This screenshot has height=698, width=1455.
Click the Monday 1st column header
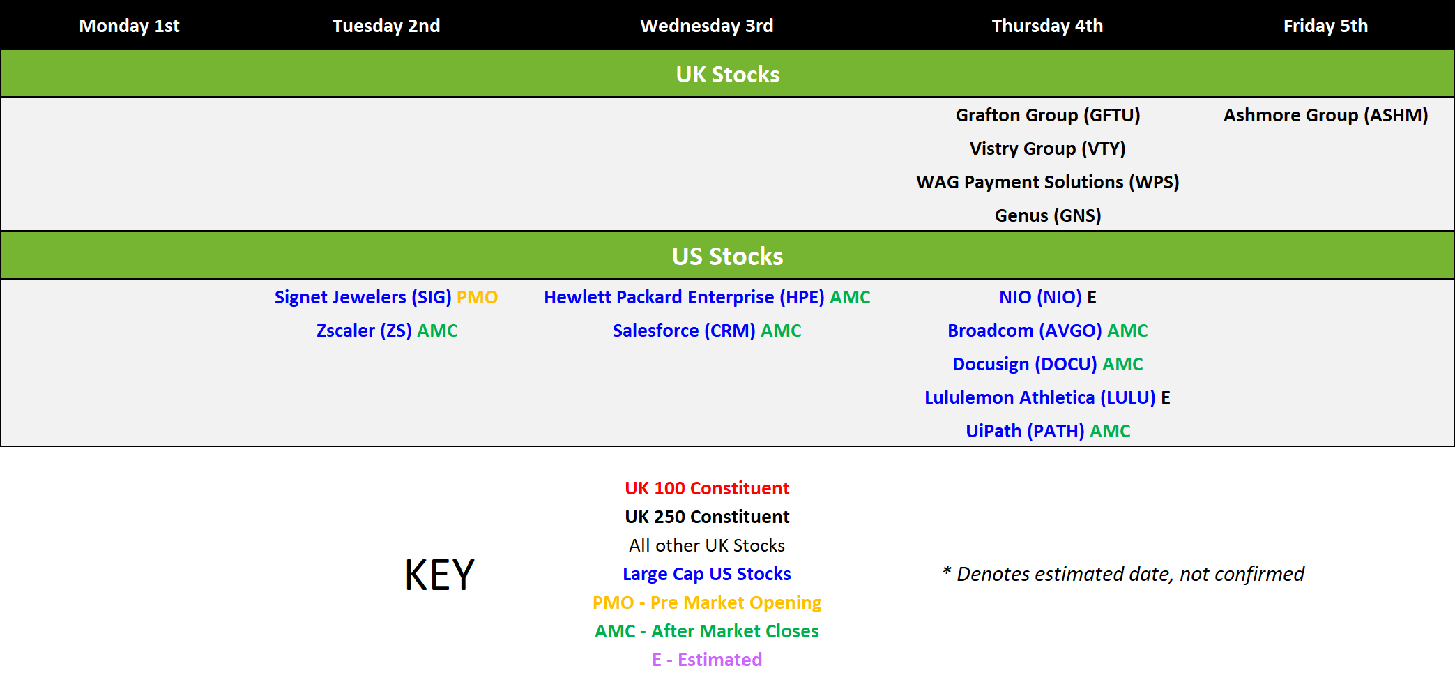click(129, 26)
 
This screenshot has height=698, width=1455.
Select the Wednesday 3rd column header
click(707, 26)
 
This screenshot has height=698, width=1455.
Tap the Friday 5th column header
click(1325, 26)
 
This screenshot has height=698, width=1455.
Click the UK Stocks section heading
click(728, 75)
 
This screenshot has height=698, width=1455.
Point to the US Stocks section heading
click(728, 257)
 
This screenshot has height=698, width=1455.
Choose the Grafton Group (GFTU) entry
click(1048, 115)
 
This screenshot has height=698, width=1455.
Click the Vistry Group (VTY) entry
click(1048, 149)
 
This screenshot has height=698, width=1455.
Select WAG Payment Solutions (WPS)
click(1048, 182)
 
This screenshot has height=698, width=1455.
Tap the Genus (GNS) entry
click(1048, 215)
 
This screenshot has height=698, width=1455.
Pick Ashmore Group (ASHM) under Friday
click(1325, 115)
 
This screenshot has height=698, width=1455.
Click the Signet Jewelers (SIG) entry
click(363, 297)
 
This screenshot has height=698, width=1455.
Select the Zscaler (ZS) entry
click(364, 331)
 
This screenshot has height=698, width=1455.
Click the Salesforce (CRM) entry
click(684, 331)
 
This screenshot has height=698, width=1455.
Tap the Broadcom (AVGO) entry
click(1025, 331)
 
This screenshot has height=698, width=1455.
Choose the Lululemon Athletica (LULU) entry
click(1040, 397)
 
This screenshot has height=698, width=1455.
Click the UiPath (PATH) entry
click(1025, 431)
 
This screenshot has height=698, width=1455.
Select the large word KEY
click(440, 575)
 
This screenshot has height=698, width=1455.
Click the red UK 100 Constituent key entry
click(707, 488)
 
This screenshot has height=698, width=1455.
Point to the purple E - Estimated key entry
click(707, 660)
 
